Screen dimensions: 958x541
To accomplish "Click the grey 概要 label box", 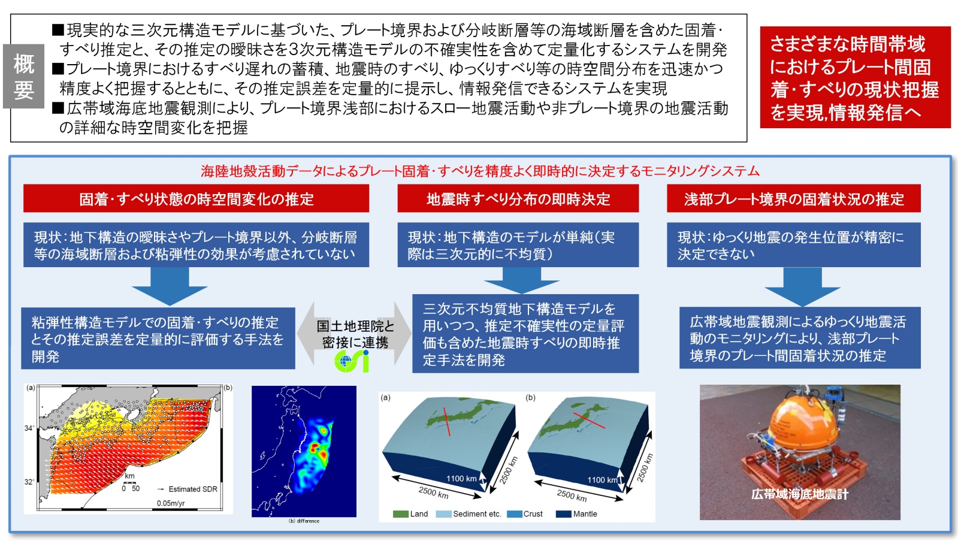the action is tap(23, 76).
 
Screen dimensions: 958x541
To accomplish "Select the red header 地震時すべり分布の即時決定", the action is tap(518, 198).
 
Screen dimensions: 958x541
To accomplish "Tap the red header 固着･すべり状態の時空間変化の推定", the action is tap(197, 198).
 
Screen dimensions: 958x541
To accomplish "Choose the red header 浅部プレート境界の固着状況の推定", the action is tap(794, 198).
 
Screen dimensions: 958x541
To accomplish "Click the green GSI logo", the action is tap(352, 361).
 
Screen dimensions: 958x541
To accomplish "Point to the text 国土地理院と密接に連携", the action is tap(355, 334).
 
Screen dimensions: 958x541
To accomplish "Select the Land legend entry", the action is tap(410, 514).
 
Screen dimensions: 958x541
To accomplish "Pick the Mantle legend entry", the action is tap(576, 514).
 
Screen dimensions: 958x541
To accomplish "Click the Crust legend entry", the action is tap(525, 514).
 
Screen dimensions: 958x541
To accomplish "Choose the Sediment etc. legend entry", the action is tap(469, 514).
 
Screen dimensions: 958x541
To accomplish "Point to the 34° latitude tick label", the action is tap(29, 428).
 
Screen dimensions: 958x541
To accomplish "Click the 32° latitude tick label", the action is tap(29, 482).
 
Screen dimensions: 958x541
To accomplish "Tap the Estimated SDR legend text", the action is tap(193, 489).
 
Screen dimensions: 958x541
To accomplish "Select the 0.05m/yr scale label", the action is tap(171, 503).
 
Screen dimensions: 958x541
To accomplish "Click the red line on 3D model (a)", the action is tap(446, 422).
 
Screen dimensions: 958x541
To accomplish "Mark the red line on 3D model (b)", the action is tap(589, 421).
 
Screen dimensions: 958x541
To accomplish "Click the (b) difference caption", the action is tap(304, 521).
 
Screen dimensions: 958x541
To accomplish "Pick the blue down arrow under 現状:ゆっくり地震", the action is tap(802, 286).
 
